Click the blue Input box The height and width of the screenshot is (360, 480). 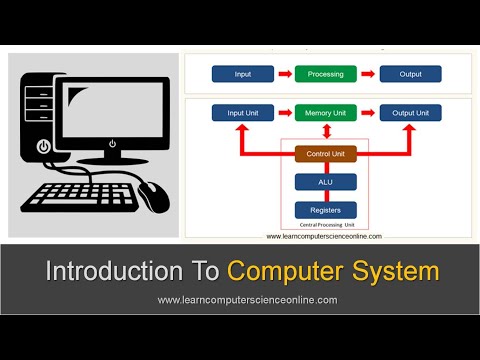pos(242,74)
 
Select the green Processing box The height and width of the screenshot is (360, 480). pos(326,74)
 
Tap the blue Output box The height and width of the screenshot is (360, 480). pos(410,74)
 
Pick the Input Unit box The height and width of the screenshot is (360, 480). pos(242,113)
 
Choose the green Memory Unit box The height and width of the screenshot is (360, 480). pos(326,113)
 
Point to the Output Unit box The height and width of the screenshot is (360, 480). pos(410,113)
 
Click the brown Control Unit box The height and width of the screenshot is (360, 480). pos(326,153)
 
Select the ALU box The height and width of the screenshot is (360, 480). pos(326,181)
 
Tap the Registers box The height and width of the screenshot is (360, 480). pos(326,210)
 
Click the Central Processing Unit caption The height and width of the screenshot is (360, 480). pos(326,226)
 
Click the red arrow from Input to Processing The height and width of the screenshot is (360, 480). pos(283,74)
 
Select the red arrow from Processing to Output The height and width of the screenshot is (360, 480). pos(368,74)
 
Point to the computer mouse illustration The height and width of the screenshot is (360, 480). pos(155,194)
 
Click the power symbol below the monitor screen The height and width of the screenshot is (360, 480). pos(112,143)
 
